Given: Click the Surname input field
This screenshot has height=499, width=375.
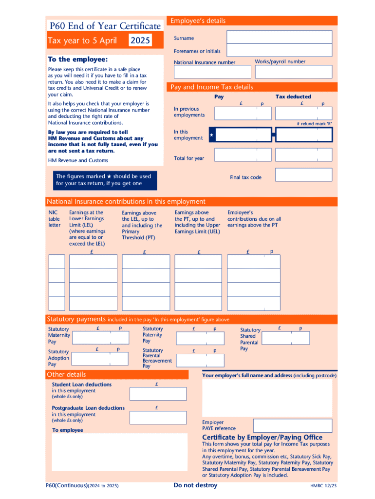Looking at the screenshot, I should [279, 37].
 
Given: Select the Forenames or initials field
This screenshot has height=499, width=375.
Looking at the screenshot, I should [279, 51].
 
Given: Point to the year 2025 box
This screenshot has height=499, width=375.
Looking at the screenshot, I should [140, 40].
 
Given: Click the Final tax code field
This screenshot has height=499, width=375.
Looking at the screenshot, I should [303, 175].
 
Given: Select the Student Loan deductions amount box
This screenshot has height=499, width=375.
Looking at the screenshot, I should [158, 394].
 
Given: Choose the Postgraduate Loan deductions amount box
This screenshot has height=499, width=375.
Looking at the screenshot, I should [158, 417].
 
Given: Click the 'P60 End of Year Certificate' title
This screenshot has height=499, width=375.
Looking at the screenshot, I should [105, 26].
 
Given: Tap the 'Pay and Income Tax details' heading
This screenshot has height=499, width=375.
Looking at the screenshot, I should [211, 87].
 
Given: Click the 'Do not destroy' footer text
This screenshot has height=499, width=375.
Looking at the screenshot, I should [195, 485].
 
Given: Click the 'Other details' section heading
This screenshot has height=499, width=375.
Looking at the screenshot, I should [66, 374].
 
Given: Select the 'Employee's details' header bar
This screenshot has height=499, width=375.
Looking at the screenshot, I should [252, 20].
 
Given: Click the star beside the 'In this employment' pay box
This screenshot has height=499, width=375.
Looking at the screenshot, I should [211, 134].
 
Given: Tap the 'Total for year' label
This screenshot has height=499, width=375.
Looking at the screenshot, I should [189, 158].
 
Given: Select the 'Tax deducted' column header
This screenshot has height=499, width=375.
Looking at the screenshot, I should [293, 96].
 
